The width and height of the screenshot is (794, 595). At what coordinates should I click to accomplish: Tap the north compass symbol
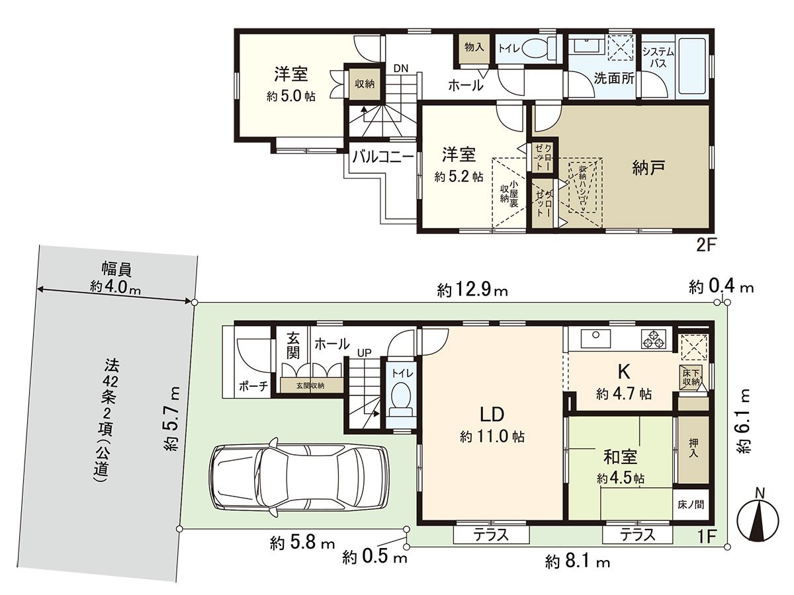click(760, 516)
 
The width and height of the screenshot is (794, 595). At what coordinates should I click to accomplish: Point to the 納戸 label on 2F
click(648, 168)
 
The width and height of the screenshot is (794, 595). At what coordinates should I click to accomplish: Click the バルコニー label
click(382, 157)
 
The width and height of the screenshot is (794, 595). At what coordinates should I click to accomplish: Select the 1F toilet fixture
click(402, 399)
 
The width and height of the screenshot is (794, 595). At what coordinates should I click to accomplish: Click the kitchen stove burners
click(655, 340)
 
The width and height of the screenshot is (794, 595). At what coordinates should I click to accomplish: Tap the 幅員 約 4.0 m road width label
click(115, 278)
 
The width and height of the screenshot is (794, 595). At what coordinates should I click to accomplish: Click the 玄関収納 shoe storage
click(310, 385)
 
